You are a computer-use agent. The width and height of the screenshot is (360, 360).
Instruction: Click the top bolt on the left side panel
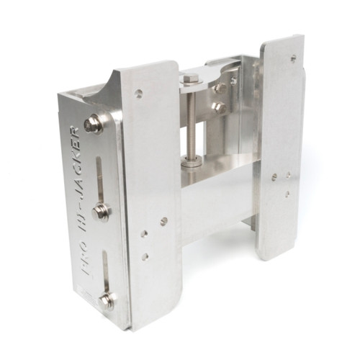pos(92,126)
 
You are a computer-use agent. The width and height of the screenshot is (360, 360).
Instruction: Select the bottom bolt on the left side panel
pos(107,301)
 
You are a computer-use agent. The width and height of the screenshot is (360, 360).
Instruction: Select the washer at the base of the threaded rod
pos(191,163)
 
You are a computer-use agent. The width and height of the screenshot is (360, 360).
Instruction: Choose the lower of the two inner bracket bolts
pos(218,108)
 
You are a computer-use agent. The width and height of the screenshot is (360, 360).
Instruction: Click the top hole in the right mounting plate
pos(292,57)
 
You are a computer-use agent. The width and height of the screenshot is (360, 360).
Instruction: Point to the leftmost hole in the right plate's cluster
pos(273,176)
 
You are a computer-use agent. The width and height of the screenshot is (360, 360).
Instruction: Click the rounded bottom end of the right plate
pos(276,252)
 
